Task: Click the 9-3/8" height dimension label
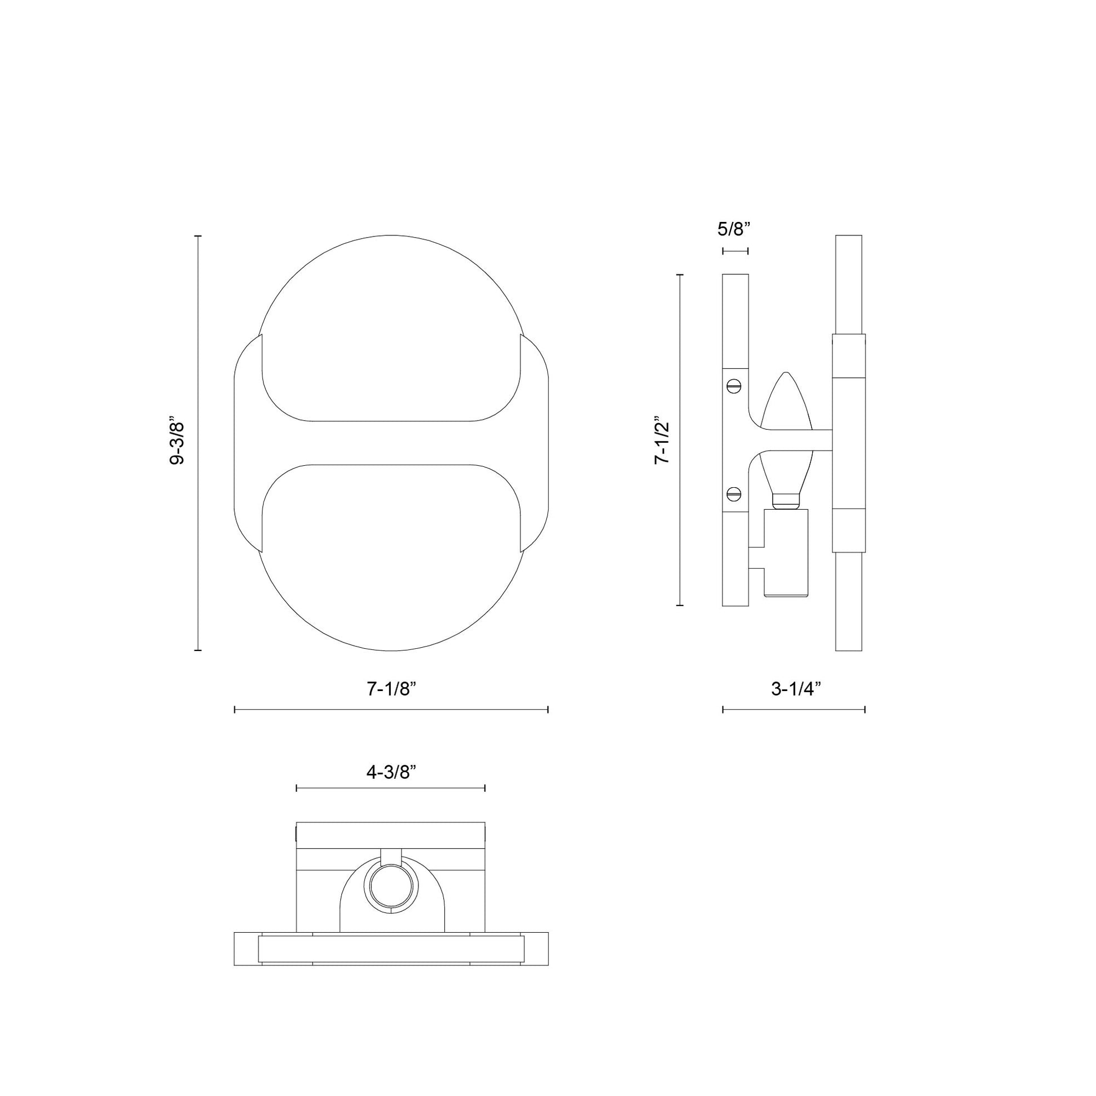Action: (177, 443)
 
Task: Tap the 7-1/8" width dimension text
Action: (391, 689)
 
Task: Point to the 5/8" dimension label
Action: (734, 229)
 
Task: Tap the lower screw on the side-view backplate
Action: (734, 493)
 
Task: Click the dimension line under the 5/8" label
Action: (735, 251)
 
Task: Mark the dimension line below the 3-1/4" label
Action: (794, 709)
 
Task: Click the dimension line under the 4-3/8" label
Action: (391, 788)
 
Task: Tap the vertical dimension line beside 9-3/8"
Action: (198, 443)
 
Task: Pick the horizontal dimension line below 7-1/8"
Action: (391, 709)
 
